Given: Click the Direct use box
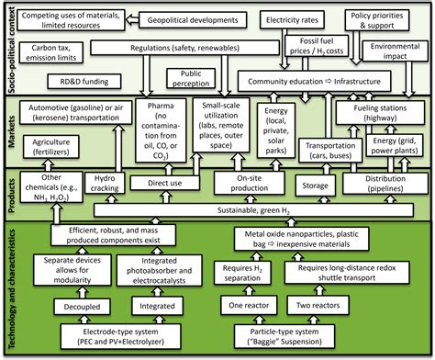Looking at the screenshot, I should coord(171,183).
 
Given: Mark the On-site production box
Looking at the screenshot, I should coord(260,183).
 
